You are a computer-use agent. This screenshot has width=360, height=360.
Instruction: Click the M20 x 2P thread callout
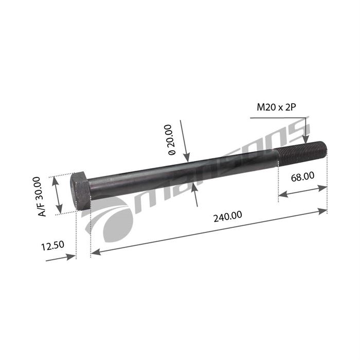coord(278,107)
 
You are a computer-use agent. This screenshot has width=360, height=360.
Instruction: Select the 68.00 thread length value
coord(302,176)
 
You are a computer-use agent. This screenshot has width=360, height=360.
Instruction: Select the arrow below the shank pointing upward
coord(194,188)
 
